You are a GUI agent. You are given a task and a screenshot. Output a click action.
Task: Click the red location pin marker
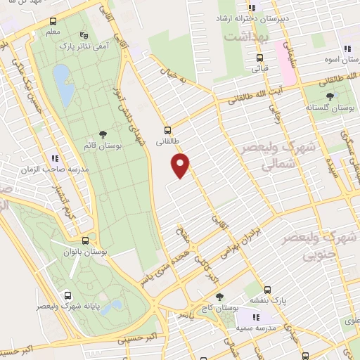coord(181,165)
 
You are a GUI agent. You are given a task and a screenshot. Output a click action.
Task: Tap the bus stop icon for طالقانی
coord(167,129)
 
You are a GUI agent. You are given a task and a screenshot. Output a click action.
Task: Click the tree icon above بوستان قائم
coord(103,134)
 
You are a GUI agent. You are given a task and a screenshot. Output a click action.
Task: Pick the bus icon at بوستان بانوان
coord(84,240)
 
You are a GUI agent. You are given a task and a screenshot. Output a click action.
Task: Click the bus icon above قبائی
coord(260,58)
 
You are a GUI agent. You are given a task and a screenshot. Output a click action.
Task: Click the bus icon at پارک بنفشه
coord(267,290)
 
